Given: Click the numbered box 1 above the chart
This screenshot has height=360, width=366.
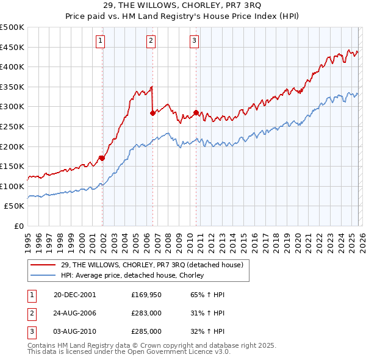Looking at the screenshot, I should tap(100, 41).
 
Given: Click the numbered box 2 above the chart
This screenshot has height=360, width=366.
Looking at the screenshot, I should tap(151, 41).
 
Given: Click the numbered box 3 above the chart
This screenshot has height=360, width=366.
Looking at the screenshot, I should tap(194, 41).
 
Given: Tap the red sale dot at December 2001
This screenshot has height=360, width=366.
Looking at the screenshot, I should tap(102, 158).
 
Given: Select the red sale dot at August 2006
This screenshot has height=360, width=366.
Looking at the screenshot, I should tap(152, 113).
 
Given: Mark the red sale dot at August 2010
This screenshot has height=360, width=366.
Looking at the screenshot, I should tap(196, 112).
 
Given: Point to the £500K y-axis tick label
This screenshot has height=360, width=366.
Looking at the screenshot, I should tap(12, 27).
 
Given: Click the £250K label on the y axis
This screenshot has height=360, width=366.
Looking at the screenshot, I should tap(12, 126).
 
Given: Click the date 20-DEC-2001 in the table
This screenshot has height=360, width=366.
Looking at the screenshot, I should tap(74, 295).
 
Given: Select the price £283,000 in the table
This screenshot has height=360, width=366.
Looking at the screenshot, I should tap(146, 313).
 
